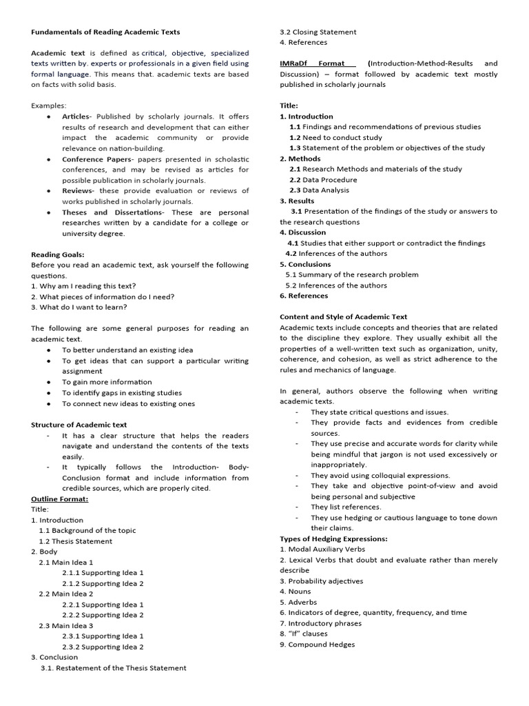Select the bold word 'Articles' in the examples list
pos(76,117)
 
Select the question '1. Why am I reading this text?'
pos(83,286)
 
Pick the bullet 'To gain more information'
pos(107,382)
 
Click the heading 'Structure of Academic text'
pos(79,425)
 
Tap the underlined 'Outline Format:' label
pos(60,498)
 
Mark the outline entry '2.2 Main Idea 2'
pos(66,594)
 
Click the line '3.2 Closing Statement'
pos(318,32)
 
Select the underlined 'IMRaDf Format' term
pos(312,63)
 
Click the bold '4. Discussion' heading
pos(303,232)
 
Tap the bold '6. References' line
pos(304,296)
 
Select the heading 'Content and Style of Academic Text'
pos(343,316)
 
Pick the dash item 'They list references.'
pos(345,507)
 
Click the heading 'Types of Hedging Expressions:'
pos(333,538)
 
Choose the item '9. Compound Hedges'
pos(317,644)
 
